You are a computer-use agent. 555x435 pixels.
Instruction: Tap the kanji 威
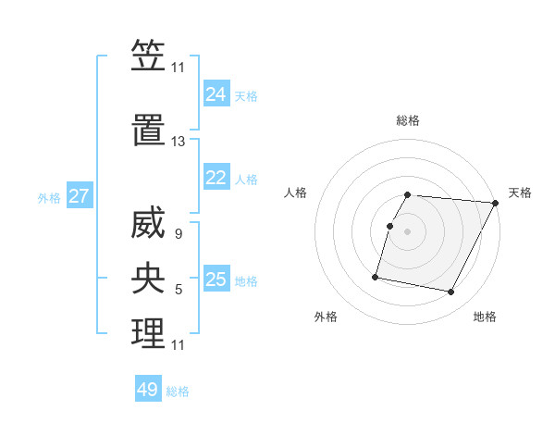[148, 224]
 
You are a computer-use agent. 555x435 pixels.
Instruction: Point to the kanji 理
[148, 333]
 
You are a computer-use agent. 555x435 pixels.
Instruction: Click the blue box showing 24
[216, 94]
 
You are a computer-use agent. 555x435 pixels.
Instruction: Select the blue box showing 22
[216, 178]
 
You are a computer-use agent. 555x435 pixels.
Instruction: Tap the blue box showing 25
[216, 280]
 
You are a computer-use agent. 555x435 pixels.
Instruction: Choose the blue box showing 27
[79, 196]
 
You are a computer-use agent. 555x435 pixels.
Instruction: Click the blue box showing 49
[148, 390]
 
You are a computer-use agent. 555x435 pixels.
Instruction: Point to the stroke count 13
[179, 142]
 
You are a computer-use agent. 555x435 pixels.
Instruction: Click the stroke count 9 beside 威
[178, 235]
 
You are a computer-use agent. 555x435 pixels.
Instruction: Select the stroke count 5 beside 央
[179, 291]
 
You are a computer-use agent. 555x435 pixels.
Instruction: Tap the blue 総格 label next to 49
[178, 391]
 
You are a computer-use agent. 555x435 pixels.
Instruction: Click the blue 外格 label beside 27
[49, 197]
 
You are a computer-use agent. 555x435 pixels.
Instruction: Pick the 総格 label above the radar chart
[408, 120]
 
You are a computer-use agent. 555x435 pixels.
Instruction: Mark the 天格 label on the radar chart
[520, 193]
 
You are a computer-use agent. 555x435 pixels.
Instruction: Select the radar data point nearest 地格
[450, 292]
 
